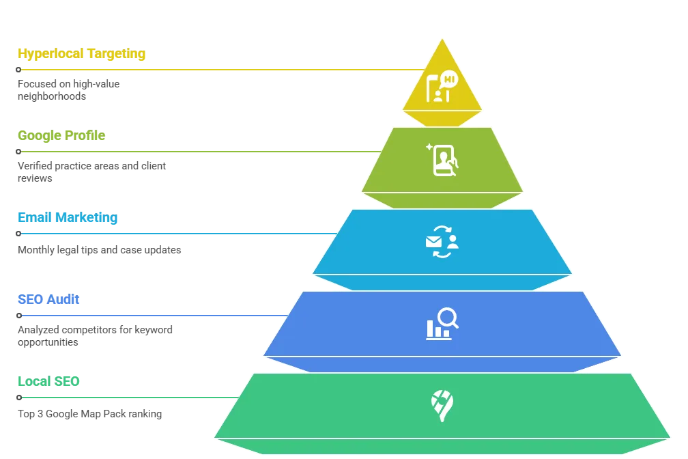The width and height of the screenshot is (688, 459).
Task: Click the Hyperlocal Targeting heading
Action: point(82,53)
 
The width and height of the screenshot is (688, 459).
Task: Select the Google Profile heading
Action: point(61,135)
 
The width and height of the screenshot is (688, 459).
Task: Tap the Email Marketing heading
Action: point(68,217)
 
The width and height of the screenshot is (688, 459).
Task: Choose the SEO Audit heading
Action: point(48,299)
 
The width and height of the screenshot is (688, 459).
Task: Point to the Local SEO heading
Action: point(48,381)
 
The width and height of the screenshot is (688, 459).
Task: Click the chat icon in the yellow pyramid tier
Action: point(442,86)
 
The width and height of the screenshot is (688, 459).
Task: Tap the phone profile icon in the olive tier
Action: point(442,161)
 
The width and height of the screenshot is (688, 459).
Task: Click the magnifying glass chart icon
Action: point(442,324)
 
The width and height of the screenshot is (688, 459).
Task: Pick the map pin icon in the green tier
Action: point(442,406)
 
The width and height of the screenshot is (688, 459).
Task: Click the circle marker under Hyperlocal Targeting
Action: point(18,70)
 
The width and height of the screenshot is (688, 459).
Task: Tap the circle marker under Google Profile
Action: point(18,152)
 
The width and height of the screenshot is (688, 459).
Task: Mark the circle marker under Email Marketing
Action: point(18,234)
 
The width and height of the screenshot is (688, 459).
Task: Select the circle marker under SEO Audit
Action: point(19,316)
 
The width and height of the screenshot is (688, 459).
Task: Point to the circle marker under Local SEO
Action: point(19,398)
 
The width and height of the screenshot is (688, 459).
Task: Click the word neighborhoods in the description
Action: point(52,96)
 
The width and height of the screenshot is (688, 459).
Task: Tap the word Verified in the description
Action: point(35,166)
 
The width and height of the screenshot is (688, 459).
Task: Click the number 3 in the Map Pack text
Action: point(40,414)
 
